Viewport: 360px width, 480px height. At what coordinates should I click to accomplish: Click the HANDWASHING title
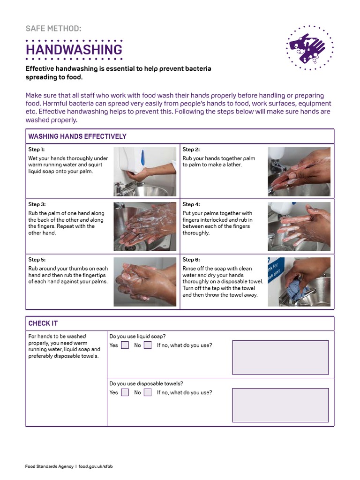74,50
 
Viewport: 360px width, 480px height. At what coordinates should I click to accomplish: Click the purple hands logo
310,48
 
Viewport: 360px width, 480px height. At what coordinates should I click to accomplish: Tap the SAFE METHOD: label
53,29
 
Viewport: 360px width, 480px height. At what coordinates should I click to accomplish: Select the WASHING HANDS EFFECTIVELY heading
77,136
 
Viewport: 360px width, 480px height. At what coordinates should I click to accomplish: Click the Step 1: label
37,150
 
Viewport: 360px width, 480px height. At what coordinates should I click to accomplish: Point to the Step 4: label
191,204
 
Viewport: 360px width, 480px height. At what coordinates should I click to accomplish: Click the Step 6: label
191,260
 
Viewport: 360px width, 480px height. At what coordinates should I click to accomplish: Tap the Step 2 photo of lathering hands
299,172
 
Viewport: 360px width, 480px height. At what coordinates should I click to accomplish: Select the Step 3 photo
145,226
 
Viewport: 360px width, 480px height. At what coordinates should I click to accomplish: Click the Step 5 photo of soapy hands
145,282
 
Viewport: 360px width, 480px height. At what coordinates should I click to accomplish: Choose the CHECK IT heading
43,323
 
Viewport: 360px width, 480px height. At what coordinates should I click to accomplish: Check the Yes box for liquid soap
125,345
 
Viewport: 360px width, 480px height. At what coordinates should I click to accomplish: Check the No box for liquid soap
148,345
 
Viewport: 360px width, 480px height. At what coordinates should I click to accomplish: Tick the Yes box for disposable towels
125,392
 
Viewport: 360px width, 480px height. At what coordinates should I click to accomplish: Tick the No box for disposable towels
148,392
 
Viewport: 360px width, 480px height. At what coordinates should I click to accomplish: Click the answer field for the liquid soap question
280,357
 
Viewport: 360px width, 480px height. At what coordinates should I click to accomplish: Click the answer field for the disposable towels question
280,405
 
